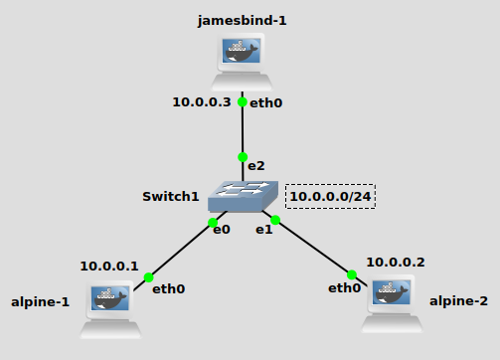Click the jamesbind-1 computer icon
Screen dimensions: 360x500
pos(243,62)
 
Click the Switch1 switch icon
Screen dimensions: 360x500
pos(243,197)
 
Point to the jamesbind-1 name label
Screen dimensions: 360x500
pos(242,20)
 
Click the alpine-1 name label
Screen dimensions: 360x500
pos(40,301)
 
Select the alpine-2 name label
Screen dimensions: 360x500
pos(458,300)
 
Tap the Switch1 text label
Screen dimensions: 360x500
pos(171,197)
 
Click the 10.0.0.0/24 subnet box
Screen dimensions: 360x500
pos(331,197)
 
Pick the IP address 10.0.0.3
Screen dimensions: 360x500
pos(202,101)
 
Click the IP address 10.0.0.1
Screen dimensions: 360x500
pos(109,266)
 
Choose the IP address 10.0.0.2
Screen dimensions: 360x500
pos(395,262)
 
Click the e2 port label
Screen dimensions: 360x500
pos(256,164)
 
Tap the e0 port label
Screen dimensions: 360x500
pos(221,230)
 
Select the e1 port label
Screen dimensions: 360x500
pos(263,230)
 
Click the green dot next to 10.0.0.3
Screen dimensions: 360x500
pos(243,101)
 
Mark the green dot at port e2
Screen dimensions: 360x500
pos(243,157)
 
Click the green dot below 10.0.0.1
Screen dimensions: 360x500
pos(148,277)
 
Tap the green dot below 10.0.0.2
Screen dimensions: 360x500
pos(351,274)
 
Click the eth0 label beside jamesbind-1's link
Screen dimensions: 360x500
pos(265,102)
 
